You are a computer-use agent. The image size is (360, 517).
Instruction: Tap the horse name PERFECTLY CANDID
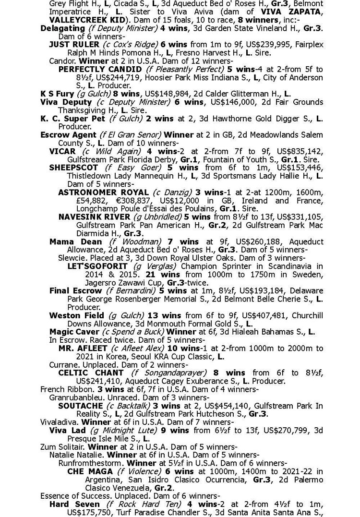pos(100,69)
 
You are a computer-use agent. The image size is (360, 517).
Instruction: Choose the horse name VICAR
pos(62,151)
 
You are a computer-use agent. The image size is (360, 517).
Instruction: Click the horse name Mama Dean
pos(75,241)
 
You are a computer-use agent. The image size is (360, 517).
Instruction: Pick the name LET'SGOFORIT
pos(97,266)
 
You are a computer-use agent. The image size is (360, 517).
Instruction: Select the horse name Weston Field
pos(77,315)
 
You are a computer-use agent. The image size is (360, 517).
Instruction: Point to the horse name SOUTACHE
pos(77,406)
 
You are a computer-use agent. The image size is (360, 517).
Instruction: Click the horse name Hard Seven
pos(74,504)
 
